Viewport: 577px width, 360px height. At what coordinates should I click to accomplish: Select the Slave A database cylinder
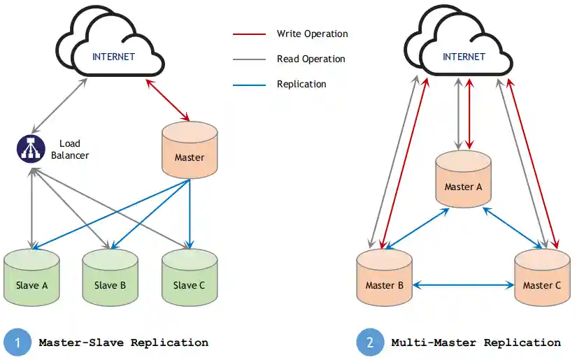(x=31, y=278)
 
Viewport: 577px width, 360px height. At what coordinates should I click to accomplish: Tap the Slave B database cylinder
(x=110, y=278)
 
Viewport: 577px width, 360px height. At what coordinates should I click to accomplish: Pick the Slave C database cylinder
(x=190, y=278)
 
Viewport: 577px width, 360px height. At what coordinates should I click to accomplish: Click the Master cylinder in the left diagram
(x=190, y=151)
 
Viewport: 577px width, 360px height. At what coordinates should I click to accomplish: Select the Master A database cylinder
(x=463, y=180)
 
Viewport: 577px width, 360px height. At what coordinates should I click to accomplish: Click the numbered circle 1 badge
(x=17, y=343)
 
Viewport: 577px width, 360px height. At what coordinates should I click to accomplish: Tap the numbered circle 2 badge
(x=369, y=343)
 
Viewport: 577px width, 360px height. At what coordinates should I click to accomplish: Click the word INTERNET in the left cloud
(x=113, y=57)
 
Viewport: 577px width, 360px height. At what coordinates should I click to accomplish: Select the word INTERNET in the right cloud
(x=463, y=57)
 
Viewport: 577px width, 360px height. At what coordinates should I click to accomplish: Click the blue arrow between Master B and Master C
(x=463, y=285)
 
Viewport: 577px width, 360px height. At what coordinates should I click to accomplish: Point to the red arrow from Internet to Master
(x=168, y=100)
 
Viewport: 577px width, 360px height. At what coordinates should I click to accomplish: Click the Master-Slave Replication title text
(x=123, y=343)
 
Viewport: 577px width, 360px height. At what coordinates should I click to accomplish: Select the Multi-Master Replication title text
(x=476, y=343)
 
